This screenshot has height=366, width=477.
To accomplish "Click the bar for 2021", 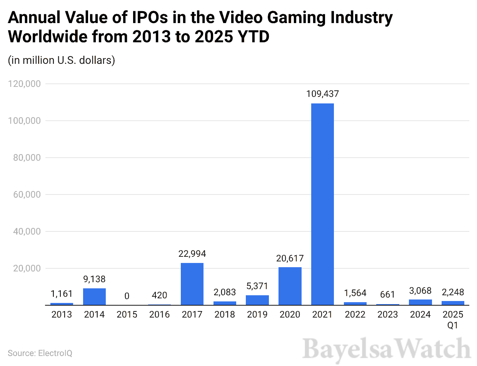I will (322, 204).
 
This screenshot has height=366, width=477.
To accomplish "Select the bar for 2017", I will (192, 284).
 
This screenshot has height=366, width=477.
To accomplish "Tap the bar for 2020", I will (290, 286).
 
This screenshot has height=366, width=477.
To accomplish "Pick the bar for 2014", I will (94, 297).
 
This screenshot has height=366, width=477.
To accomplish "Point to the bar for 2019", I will (257, 300).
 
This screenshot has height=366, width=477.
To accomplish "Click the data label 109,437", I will (322, 94).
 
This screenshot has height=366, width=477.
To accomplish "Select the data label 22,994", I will (192, 254).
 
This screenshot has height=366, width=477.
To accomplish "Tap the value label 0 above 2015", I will (127, 296).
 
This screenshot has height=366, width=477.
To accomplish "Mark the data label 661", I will (387, 295).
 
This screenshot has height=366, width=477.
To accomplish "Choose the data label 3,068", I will (420, 291).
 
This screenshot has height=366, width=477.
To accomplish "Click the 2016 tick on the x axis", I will (160, 315).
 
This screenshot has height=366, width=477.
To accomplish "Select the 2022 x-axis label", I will (355, 315).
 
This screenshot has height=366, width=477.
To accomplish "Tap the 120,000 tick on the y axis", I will (24, 84).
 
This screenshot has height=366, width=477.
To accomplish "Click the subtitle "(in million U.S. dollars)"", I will (62, 60).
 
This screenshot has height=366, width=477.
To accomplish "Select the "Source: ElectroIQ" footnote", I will (40, 353).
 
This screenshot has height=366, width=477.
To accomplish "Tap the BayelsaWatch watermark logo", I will (386, 349).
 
